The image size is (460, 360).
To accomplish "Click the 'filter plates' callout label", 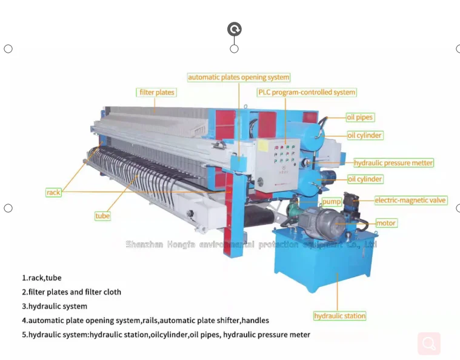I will coord(157,93).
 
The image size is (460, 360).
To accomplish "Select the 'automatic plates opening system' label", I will coord(238,78).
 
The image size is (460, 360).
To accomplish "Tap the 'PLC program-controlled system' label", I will coord(307,93).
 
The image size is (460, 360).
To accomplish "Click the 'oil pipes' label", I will coord(360,117).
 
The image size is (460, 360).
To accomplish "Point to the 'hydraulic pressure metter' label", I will coord(394,163).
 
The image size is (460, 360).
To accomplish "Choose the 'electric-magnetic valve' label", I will coord(410,200).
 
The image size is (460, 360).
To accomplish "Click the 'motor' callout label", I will coord(386,223).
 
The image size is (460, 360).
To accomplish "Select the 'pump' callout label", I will coord(332,201).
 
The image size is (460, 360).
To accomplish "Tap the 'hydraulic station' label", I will coord(339,316).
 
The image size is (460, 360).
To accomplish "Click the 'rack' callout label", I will coord(54,192).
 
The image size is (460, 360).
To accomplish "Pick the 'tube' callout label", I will coord(102,216).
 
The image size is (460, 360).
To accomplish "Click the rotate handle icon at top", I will coord(235,29).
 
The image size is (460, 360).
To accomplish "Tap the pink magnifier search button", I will coord(429,344).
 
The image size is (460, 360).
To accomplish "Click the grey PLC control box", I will coord(278,164).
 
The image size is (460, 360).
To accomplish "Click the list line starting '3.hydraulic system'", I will coord(55,306).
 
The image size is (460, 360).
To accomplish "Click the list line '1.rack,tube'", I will coord(42,278).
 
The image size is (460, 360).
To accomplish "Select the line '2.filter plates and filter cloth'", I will coord(72,292).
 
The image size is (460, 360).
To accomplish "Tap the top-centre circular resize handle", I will coord(235,48).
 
